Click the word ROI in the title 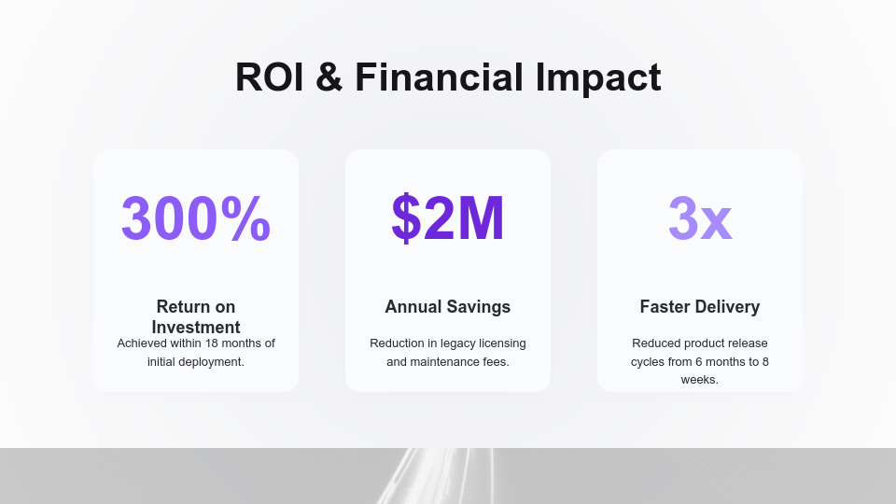point(269,77)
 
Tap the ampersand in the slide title point(329,77)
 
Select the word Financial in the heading point(439,77)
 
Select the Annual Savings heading point(448,307)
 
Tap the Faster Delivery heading point(700,307)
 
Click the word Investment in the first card point(196,328)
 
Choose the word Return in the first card point(184,307)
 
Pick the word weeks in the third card point(700,380)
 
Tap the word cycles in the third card point(650,361)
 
